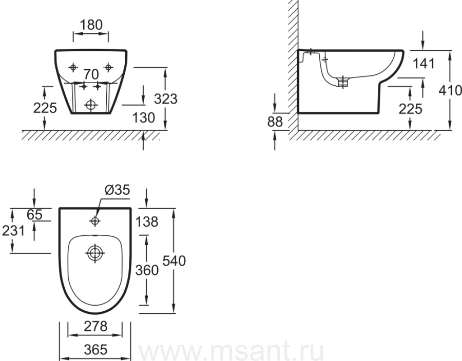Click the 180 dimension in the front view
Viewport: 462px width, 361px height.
coord(91,25)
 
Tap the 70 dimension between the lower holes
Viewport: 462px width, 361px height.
coord(91,74)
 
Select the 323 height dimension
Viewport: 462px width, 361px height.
coord(166,99)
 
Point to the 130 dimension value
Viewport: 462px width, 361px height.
coord(144,118)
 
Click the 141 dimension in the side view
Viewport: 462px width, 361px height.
coord(423,64)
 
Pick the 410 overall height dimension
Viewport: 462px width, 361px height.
coord(450,90)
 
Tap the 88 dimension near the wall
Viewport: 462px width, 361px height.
coord(275,122)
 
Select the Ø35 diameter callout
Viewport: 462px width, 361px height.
coord(117,190)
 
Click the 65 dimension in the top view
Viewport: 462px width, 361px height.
coord(34,215)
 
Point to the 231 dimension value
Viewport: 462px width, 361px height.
coord(13,231)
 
